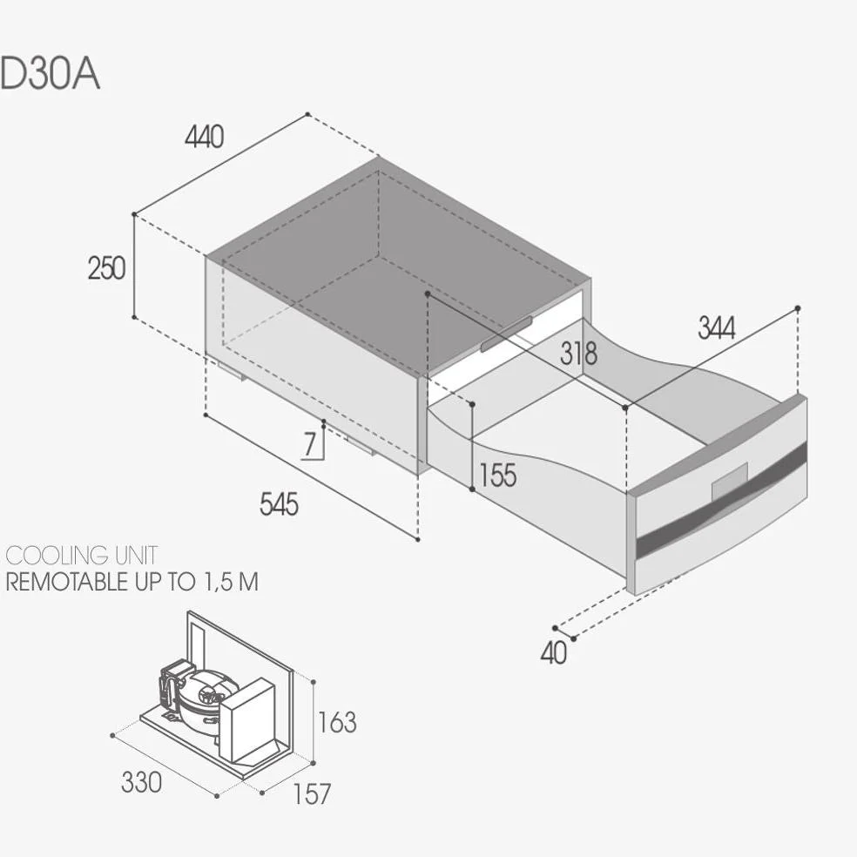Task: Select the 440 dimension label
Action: (205, 137)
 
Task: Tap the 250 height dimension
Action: (106, 268)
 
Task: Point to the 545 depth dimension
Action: (279, 504)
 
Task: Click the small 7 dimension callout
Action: (310, 444)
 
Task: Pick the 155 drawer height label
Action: (497, 475)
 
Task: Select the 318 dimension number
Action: (579, 354)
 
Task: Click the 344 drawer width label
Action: (717, 328)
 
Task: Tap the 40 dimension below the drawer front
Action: (554, 652)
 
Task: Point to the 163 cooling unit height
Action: (337, 722)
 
